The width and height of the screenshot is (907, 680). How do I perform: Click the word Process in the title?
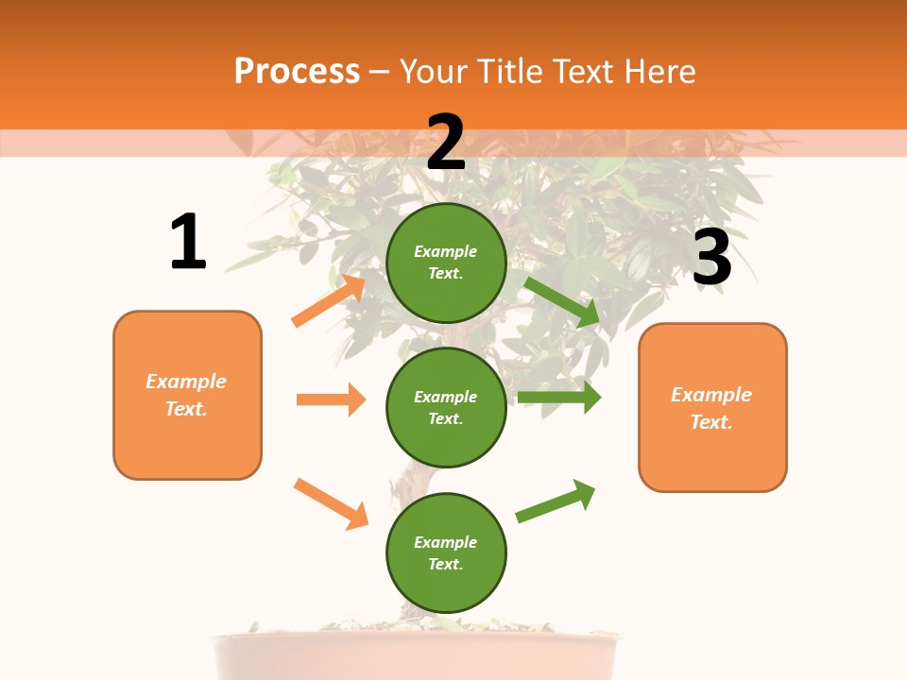tap(297, 72)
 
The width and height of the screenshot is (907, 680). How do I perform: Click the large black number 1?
tap(188, 243)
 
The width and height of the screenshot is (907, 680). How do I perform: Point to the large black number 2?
tap(446, 143)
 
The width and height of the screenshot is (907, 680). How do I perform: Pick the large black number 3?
tap(711, 258)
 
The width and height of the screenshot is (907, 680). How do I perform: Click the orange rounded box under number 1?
tap(187, 395)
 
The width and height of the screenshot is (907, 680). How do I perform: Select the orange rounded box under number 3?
tap(712, 407)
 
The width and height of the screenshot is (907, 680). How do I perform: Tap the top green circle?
tap(446, 263)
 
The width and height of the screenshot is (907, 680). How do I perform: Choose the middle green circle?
tap(446, 407)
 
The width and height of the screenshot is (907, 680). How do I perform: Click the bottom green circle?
tap(446, 552)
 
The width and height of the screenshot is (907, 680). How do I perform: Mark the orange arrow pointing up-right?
tap(329, 301)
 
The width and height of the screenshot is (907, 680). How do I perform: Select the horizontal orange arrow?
tap(331, 399)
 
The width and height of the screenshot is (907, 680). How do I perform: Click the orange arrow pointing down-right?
tap(331, 503)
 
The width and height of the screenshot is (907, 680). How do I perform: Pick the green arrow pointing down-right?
tap(563, 301)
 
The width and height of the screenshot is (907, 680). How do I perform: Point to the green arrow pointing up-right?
tap(556, 501)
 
